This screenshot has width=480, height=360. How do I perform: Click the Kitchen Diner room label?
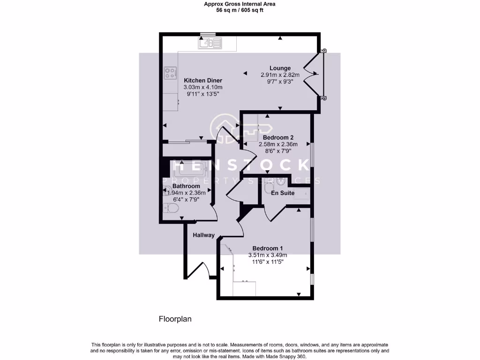202,80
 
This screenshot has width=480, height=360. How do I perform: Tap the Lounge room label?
280,68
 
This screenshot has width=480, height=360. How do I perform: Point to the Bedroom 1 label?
267,248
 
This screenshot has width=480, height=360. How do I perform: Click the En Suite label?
283,193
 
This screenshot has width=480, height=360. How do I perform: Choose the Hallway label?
203,235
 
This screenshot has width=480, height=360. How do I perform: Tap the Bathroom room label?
186,186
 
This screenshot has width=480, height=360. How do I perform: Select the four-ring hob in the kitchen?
170,73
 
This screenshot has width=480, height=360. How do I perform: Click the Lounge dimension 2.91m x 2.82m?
280,75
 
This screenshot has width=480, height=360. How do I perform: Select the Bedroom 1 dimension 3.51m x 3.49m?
267,255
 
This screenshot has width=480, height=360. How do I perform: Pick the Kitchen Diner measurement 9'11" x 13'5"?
202,94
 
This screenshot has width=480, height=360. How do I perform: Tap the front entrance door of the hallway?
199,271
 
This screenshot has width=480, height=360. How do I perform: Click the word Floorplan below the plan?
175,319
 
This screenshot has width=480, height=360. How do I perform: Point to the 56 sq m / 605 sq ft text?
240,10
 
